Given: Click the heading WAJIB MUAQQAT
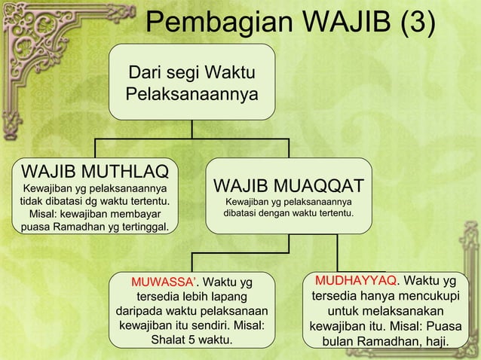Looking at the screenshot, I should pyautogui.click(x=289, y=185).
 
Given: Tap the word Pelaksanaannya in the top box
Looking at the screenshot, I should pyautogui.click(x=191, y=96).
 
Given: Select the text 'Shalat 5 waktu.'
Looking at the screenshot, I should pyautogui.click(x=191, y=340).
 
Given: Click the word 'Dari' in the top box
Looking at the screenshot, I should pyautogui.click(x=143, y=74).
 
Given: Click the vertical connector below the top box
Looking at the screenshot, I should pyautogui.click(x=191, y=129).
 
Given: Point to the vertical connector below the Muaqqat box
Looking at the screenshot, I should pyautogui.click(x=290, y=243).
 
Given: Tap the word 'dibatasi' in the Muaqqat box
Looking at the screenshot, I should pyautogui.click(x=245, y=215).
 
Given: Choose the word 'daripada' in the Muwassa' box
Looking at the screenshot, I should pyautogui.click(x=141, y=311).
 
